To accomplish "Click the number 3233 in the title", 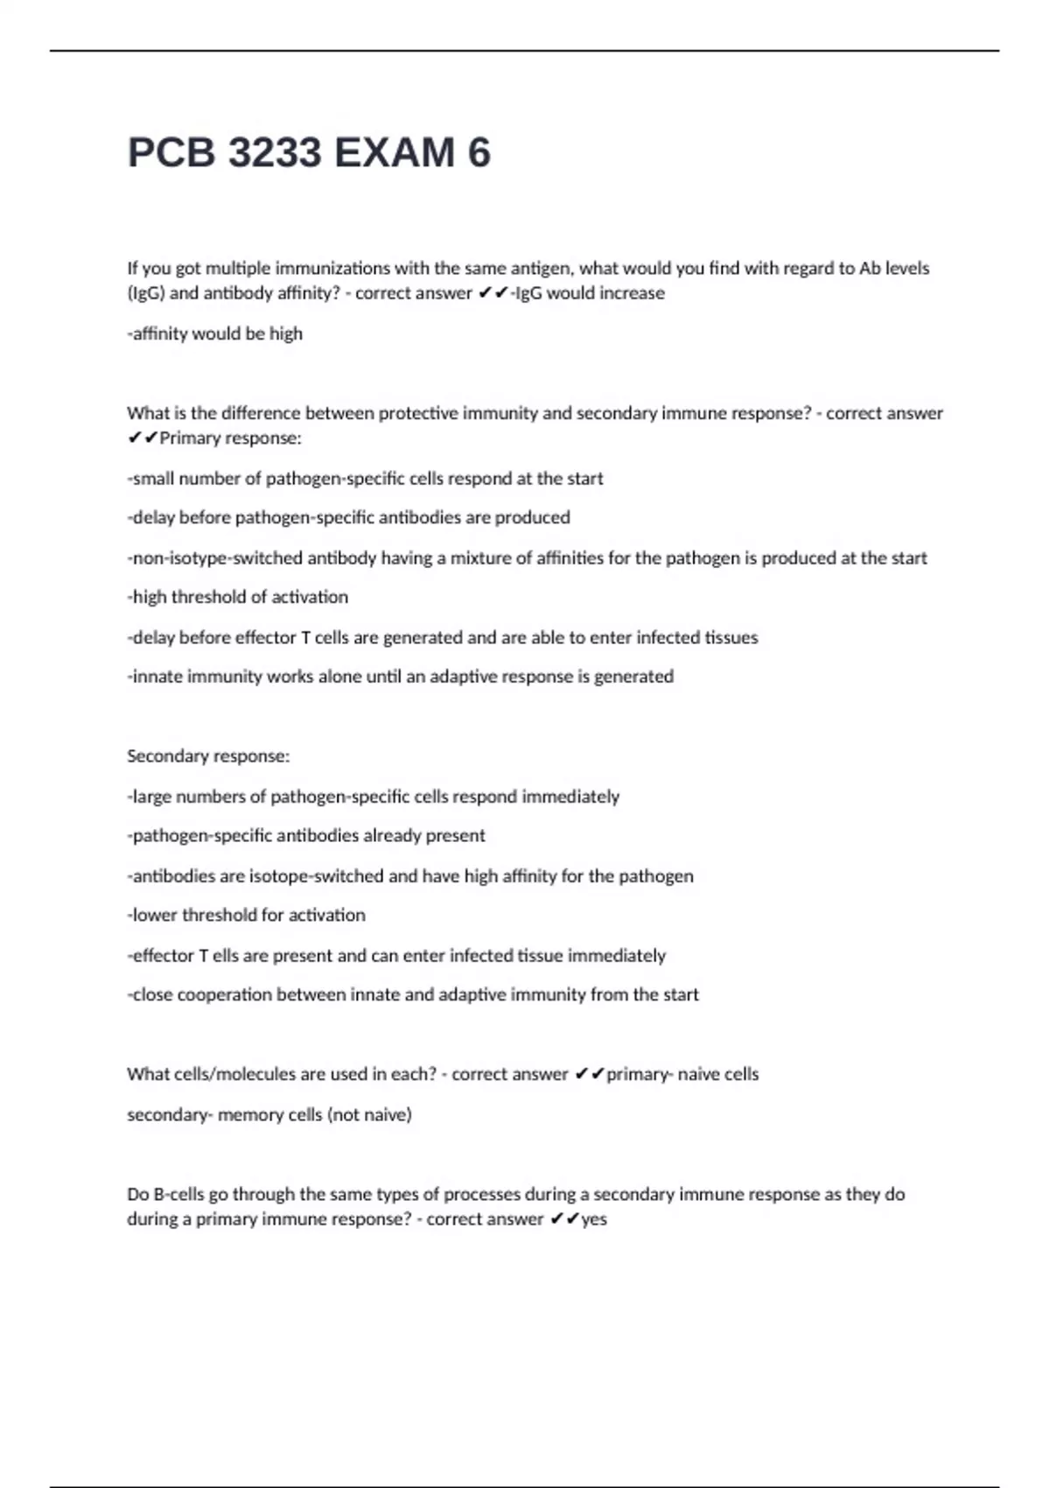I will pyautogui.click(x=274, y=153).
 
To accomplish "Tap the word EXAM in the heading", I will pyautogui.click(x=394, y=153).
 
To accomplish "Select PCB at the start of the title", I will pyautogui.click(x=171, y=153).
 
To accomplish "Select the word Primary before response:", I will pyautogui.click(x=191, y=438).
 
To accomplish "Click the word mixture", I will pyautogui.click(x=480, y=558).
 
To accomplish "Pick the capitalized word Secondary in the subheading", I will pyautogui.click(x=164, y=755).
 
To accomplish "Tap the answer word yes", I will pyautogui.click(x=594, y=1219).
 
